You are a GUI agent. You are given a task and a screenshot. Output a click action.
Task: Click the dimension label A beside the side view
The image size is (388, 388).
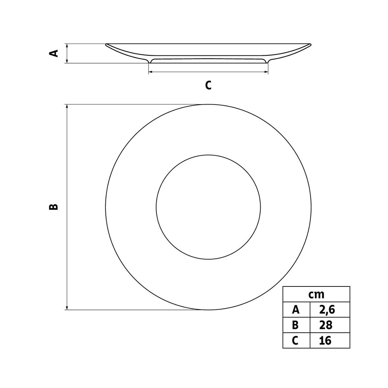pos(55,53)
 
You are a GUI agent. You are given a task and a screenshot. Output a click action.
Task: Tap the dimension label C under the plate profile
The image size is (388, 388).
pos(208,85)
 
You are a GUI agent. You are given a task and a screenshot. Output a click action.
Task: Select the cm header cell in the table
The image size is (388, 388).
pos(316,294)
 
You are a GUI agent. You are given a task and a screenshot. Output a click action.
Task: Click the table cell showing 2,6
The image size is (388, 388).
pos(330,310)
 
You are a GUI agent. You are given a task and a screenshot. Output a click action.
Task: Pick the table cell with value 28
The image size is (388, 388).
pos(330,325)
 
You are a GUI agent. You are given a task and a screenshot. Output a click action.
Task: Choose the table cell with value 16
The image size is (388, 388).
pos(330,340)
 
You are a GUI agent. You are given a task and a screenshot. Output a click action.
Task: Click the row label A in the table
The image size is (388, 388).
pos(296,310)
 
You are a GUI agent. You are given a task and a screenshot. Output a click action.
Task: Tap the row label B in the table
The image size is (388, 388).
pos(296,325)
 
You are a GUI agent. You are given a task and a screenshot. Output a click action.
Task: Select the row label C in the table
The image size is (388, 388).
pos(296,340)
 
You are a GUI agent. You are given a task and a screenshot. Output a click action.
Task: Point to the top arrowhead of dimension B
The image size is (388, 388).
pos(67,107)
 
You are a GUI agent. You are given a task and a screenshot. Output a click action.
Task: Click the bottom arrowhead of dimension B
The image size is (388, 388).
pos(67,307)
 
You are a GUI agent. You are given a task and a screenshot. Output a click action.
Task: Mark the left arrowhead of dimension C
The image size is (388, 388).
pos(150,72)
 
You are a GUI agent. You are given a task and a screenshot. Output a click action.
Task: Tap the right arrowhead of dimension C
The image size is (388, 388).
pos(266,72)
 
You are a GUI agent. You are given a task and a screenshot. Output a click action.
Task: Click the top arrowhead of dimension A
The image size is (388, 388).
pos(67,46)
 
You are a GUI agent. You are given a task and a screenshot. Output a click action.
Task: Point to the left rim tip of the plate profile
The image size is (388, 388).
pos(106,45)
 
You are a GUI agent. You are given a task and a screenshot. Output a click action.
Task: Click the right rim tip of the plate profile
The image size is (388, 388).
pos(310,45)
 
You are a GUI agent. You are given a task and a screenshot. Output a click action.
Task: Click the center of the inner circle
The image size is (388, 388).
pos(208,207)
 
